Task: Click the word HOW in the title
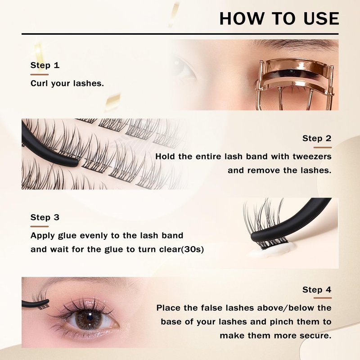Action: [242, 18]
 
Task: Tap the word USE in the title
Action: [321, 18]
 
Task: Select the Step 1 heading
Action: [45, 65]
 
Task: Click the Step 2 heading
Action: [317, 138]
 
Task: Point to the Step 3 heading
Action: [45, 217]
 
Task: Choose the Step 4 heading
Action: [317, 290]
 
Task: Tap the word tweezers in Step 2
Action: [312, 157]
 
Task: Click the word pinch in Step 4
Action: [282, 322]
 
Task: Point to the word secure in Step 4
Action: [319, 336]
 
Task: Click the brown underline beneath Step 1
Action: [40, 75]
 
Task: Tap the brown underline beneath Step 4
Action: [323, 298]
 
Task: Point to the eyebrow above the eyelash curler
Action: [294, 44]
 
